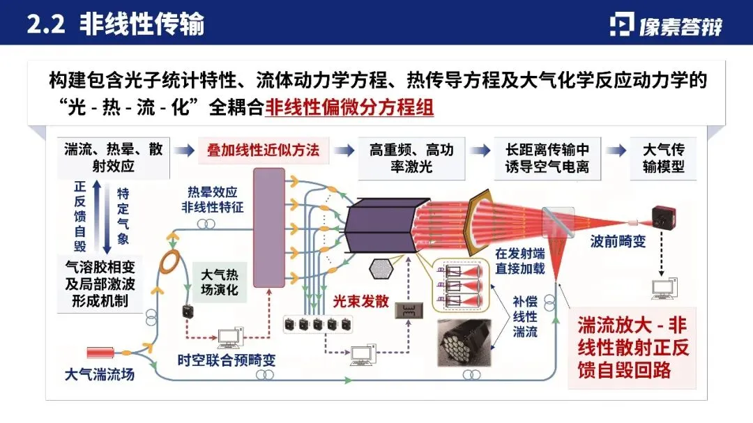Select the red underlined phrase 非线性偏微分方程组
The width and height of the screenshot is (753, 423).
pos(349,109)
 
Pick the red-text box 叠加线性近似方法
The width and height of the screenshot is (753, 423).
pos(263,151)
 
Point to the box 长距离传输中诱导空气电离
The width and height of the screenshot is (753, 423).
pos(547,158)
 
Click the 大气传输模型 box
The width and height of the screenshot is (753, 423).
pos(662,158)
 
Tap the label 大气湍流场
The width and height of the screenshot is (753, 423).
pos(99,375)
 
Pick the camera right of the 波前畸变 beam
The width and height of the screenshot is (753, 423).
pos(664,217)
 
